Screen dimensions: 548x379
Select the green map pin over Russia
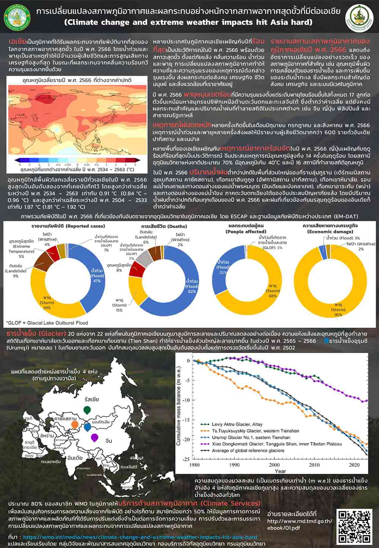[x=87, y=410]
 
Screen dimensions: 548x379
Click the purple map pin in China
[x=94, y=437]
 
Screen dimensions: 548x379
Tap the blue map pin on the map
[x=88, y=427]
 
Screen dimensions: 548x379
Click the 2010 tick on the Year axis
[x=314, y=465]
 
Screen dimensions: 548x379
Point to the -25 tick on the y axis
[x=186, y=459]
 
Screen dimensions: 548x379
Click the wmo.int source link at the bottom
[x=140, y=537]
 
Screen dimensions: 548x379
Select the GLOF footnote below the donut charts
[x=47, y=323]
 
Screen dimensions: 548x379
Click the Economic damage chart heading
[x=330, y=228]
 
